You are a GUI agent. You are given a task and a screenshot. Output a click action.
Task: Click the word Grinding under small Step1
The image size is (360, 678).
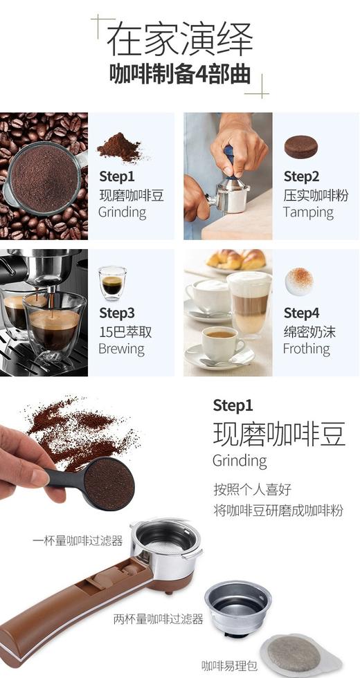pos(122,212)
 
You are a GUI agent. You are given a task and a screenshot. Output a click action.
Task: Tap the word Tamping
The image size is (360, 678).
pos(307,212)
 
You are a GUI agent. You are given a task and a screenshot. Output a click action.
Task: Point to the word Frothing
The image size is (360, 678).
pos(306,349)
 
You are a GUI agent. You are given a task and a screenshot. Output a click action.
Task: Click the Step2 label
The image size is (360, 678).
pos(301,176)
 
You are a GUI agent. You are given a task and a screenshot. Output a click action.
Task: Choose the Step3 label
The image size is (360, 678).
pos(116,313)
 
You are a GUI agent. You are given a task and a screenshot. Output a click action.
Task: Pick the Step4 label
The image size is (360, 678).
pos(301,313)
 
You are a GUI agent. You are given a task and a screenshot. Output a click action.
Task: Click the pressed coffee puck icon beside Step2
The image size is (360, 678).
pos(301,146)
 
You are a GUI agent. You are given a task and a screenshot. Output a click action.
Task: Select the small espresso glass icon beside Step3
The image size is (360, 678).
pos(111,282)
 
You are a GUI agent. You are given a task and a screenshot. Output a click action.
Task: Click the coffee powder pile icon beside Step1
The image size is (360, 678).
pos(118,147)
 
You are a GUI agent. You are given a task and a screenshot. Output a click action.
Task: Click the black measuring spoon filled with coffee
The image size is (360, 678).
pos(104,484)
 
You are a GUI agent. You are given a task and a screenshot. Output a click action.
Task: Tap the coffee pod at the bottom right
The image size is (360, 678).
pos(294,654)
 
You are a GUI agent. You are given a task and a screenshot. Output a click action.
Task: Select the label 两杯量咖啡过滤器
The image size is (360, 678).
pos(158,619)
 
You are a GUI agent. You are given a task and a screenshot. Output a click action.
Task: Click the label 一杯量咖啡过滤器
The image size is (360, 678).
pos(78,540)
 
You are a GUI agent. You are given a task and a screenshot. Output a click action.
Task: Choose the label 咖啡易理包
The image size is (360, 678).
pos(228,666)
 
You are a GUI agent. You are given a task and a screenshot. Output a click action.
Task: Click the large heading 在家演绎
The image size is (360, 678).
pos(179,39)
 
